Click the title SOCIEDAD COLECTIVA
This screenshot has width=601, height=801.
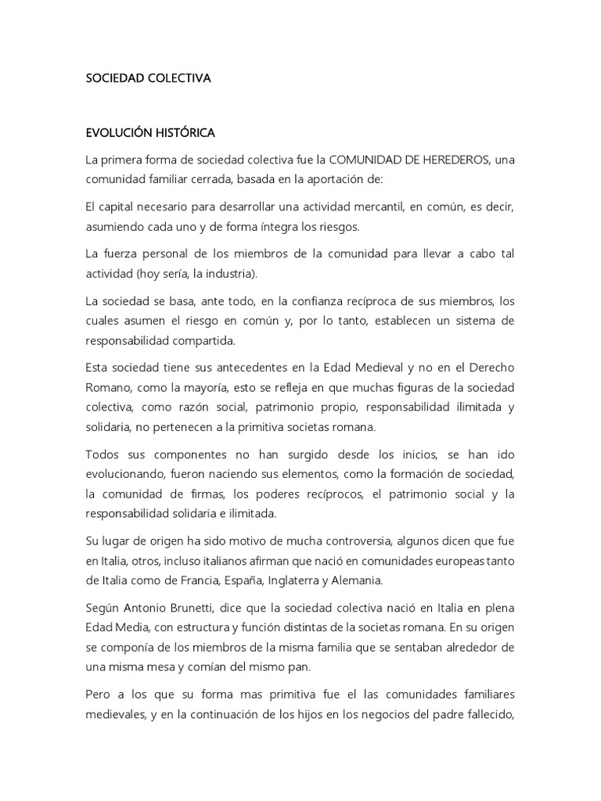point(149,78)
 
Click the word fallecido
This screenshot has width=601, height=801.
point(484,715)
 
